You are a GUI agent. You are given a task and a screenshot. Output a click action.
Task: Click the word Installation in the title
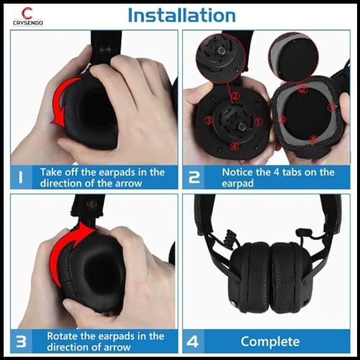[x=181, y=15]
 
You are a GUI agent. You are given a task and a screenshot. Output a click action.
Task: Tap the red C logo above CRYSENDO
[x=27, y=12]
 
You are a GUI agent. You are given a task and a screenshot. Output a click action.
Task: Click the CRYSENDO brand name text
[x=27, y=23]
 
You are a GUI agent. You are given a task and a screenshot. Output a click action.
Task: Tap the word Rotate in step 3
[x=63, y=336]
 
